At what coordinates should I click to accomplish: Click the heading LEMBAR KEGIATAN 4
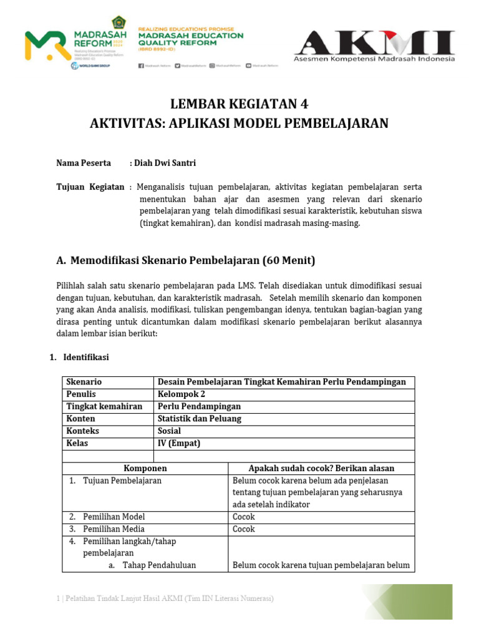click(x=239, y=104)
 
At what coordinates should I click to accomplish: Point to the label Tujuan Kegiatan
click(x=90, y=187)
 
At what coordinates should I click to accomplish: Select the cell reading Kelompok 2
click(x=181, y=394)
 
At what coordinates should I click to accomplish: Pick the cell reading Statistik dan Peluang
click(x=198, y=419)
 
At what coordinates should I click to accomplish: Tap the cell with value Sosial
click(x=170, y=431)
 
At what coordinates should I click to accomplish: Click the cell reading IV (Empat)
click(x=179, y=444)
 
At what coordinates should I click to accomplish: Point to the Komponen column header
click(x=145, y=468)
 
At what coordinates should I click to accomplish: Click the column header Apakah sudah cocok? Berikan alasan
click(x=321, y=468)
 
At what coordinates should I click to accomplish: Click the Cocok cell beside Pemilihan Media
click(x=244, y=529)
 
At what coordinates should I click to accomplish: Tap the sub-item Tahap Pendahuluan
click(x=159, y=565)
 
